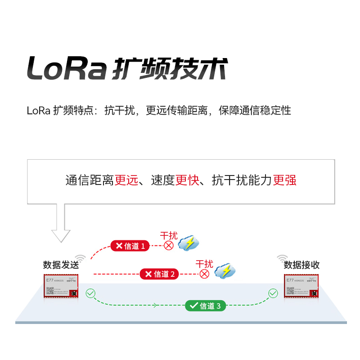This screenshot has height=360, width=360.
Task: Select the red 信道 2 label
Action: click(x=160, y=274)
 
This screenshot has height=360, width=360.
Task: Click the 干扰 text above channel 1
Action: click(x=169, y=236)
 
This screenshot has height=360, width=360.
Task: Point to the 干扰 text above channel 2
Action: click(x=204, y=264)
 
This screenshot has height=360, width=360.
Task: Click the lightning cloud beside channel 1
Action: click(x=189, y=243)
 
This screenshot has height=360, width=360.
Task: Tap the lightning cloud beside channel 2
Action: click(x=225, y=271)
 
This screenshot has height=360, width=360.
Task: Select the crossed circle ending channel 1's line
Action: click(x=169, y=246)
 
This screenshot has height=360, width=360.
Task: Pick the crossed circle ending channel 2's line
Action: click(x=205, y=274)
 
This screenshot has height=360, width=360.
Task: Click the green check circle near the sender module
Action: click(x=90, y=293)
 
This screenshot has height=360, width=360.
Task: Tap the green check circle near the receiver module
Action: click(x=273, y=293)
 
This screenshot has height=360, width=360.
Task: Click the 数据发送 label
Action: click(x=61, y=265)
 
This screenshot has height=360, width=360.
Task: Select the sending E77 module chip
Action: click(x=61, y=286)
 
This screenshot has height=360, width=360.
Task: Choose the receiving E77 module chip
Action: click(x=301, y=286)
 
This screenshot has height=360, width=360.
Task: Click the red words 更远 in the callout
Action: click(x=126, y=180)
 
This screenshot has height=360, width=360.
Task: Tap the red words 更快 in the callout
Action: click(x=187, y=180)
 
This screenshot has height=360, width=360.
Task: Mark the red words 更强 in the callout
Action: click(x=284, y=180)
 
